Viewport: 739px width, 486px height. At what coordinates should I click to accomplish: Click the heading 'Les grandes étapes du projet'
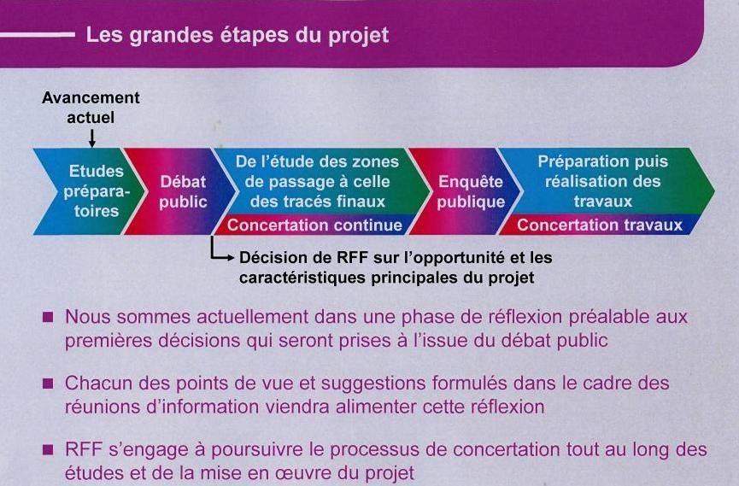point(237,36)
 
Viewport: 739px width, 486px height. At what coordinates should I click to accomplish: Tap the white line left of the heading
point(38,34)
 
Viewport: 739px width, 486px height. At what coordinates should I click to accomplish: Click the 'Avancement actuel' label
point(91,107)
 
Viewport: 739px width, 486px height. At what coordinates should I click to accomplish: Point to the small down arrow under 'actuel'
point(92,138)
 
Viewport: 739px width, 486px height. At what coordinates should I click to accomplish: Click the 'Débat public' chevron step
point(180,191)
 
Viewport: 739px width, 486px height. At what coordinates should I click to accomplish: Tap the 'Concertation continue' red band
point(314,225)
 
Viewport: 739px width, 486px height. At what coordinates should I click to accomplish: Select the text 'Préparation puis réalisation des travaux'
point(603,181)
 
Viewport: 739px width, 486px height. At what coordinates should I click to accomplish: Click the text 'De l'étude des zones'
point(317,161)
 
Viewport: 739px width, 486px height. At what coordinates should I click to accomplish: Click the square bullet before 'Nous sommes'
point(48,316)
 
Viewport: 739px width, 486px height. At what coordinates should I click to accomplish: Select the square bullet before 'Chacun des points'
point(48,383)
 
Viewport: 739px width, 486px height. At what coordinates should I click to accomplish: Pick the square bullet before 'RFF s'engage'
point(48,449)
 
